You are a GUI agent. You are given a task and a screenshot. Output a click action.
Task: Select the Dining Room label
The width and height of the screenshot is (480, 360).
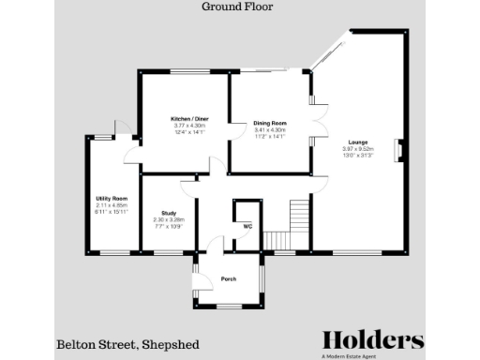point(269,123)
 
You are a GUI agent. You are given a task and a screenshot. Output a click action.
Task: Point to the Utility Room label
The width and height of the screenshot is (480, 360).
point(112,199)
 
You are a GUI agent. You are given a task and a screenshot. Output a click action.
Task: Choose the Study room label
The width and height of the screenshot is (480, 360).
point(169,213)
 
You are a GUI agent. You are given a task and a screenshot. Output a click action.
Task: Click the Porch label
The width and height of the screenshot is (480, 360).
point(228,278)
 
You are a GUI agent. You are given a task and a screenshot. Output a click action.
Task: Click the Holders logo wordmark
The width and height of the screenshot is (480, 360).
point(372,340)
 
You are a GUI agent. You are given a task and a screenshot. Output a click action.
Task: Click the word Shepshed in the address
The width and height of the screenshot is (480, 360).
point(170,344)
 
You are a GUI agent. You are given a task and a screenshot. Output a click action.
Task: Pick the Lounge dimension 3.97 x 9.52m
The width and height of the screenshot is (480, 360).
point(357,148)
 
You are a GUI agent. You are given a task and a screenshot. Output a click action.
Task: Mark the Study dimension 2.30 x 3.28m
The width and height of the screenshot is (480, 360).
point(169,219)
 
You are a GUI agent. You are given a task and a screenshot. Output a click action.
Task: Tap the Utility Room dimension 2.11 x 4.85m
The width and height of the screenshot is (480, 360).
point(112,205)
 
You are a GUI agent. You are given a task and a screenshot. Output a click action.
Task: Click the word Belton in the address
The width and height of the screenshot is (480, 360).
point(78,344)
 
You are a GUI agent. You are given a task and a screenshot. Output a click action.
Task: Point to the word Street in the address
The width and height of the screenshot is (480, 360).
point(120,344)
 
